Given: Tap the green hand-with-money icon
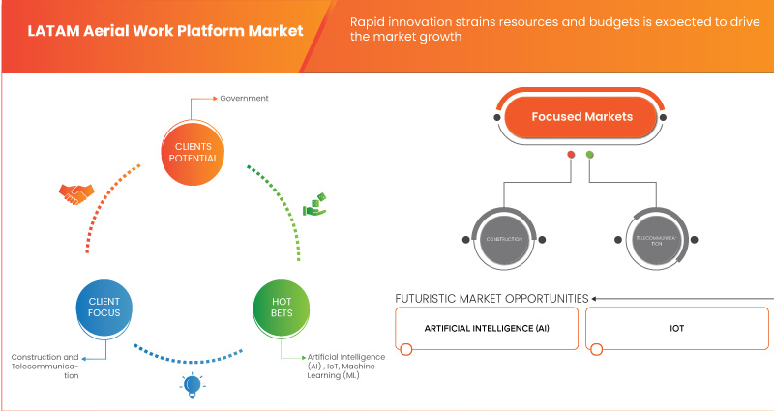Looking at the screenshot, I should [314, 203].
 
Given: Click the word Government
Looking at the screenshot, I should [243, 99].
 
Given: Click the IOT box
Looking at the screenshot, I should [676, 328].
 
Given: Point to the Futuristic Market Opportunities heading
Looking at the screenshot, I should [491, 298].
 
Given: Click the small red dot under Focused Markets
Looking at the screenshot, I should [572, 154].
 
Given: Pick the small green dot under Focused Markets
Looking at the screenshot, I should [590, 154].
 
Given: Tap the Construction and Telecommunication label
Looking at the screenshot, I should [45, 366].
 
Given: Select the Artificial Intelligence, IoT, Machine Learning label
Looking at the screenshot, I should [345, 366].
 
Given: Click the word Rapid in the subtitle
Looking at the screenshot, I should [372, 21].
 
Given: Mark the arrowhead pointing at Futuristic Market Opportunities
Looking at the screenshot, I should [596, 298].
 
